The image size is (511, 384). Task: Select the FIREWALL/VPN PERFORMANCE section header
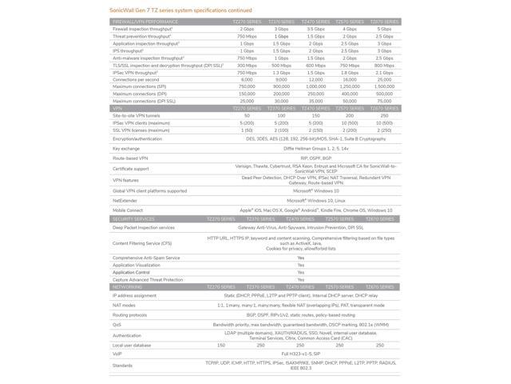pos(145,22)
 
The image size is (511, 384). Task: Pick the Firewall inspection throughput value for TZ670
pos(383,29)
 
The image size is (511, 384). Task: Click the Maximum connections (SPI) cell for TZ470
pos(315,86)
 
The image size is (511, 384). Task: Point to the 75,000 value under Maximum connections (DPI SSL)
pos(383,101)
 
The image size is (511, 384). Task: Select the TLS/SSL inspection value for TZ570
pos(350,65)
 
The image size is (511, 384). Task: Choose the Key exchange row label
pos(126,148)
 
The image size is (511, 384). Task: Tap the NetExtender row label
pos(125,200)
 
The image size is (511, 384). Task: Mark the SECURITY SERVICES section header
pos(133,218)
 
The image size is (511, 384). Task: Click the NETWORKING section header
pos(128,286)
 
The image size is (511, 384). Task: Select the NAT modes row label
pos(124,305)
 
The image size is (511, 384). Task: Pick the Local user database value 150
pos(221,345)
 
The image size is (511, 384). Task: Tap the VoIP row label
pos(117,353)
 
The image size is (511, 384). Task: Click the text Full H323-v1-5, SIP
pos(299,353)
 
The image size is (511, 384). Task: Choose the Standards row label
pos(122,365)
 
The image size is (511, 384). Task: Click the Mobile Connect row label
pos(128,210)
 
